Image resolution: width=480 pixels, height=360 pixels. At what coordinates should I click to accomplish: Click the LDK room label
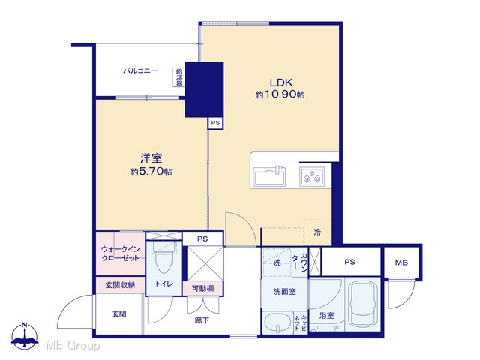[281, 82]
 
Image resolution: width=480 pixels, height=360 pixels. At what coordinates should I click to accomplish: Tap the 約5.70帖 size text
[151, 172]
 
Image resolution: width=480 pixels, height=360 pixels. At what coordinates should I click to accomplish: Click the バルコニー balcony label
[140, 71]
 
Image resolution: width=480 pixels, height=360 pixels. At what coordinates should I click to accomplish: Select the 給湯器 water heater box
[178, 76]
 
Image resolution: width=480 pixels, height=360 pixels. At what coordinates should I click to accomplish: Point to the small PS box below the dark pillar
[215, 123]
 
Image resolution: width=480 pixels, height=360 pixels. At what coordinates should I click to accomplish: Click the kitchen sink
[269, 176]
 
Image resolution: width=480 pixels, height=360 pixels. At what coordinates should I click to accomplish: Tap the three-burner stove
[312, 176]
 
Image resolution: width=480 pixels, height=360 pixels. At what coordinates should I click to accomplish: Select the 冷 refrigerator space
[317, 232]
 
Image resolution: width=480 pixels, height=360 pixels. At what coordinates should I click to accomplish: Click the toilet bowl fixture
[163, 257]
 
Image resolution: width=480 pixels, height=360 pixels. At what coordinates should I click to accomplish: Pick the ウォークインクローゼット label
[120, 253]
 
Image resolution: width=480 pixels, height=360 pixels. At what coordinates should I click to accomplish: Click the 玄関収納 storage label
[120, 285]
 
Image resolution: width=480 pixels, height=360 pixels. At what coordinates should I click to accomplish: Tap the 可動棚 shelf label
[202, 288]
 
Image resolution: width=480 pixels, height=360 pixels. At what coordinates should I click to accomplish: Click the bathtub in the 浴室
[362, 304]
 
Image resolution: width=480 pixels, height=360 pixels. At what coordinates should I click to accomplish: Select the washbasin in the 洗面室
[277, 322]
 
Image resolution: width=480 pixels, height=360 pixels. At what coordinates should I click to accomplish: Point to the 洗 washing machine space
[277, 262]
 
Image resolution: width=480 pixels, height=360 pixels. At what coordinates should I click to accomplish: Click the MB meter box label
[401, 262]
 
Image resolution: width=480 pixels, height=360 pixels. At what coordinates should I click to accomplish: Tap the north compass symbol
[25, 335]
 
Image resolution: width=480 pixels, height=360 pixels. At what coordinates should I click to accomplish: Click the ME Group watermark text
[73, 346]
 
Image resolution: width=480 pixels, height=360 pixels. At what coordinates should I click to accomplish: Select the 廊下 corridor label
[202, 320]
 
